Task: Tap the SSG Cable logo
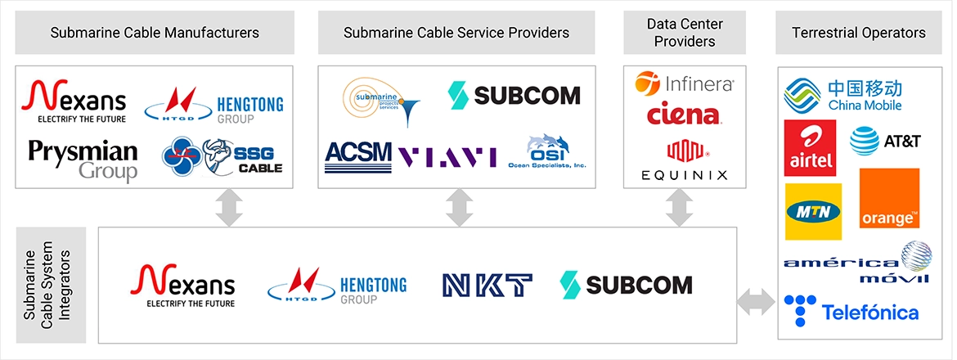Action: [x=222, y=155]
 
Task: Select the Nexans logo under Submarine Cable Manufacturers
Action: [x=74, y=101]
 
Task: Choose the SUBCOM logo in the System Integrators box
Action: [x=626, y=284]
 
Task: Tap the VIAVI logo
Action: [x=447, y=155]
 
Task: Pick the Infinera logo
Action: [x=684, y=83]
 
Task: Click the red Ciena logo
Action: [x=684, y=115]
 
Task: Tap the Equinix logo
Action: [x=684, y=160]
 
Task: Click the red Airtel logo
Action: [x=810, y=147]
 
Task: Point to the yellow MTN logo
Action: [x=813, y=212]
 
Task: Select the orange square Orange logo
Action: [x=889, y=199]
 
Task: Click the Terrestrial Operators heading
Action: [x=859, y=33]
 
